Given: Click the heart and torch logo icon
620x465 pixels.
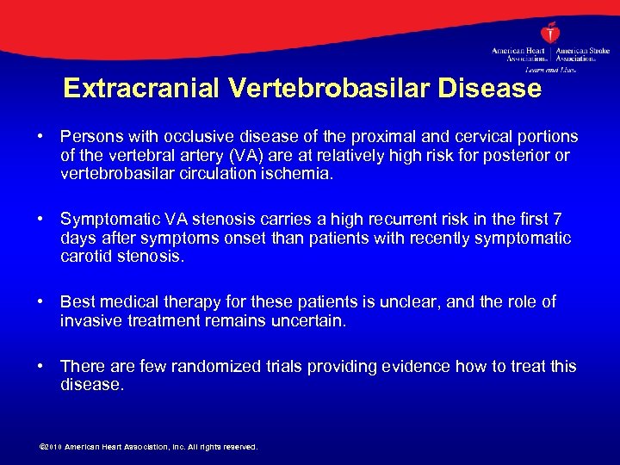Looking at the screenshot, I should coord(550,34).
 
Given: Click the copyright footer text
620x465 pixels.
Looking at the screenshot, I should coord(149,447).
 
